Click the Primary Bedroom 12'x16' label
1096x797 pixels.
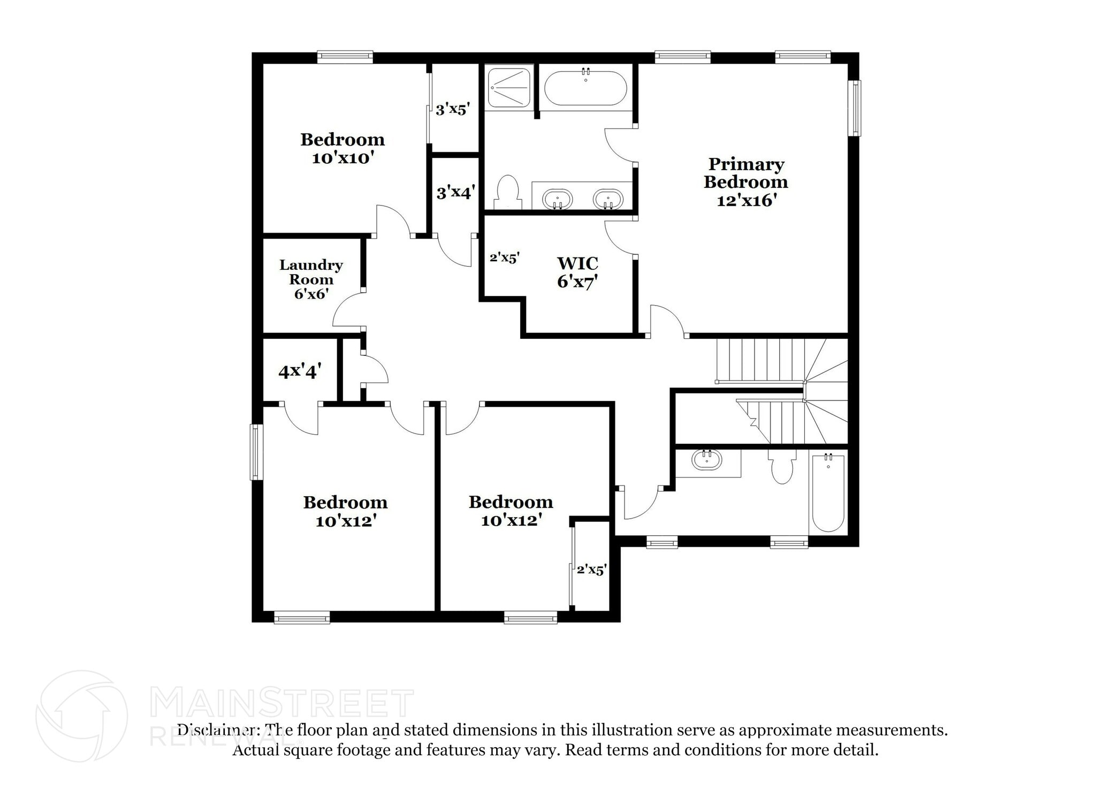745,181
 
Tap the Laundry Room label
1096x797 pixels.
311,272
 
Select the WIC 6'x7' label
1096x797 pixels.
577,272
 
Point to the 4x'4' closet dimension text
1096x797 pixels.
300,371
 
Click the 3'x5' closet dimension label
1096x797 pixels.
453,110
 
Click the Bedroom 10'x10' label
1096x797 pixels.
342,148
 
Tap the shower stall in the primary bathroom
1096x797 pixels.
508,87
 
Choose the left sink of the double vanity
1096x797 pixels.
557,199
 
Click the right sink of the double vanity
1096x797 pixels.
607,199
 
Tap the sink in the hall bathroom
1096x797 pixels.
706,460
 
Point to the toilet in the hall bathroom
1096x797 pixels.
782,466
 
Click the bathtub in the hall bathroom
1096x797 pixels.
828,492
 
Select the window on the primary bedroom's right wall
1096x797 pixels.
856,108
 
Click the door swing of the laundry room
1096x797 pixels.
348,308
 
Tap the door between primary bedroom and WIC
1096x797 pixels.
621,237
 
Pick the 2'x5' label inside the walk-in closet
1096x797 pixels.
505,257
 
